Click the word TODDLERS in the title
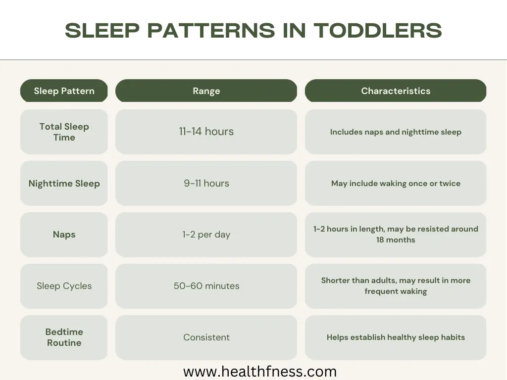click(x=378, y=31)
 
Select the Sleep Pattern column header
click(x=64, y=91)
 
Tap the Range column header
click(x=206, y=91)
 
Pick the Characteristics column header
click(x=396, y=91)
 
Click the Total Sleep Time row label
click(x=64, y=132)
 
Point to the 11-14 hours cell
click(x=206, y=132)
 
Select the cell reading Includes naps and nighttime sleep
click(x=396, y=132)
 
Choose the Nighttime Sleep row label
click(x=64, y=183)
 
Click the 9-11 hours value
click(x=206, y=183)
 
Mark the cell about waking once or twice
click(x=396, y=183)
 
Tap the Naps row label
click(x=64, y=235)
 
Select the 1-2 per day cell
click(x=206, y=235)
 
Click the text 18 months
click(x=396, y=240)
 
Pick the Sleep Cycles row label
click(x=64, y=286)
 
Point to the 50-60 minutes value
click(x=206, y=286)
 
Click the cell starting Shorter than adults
click(x=396, y=286)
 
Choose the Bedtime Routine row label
click(x=64, y=337)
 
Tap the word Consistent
click(x=206, y=337)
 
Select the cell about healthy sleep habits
click(x=396, y=337)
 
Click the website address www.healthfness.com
click(x=260, y=372)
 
